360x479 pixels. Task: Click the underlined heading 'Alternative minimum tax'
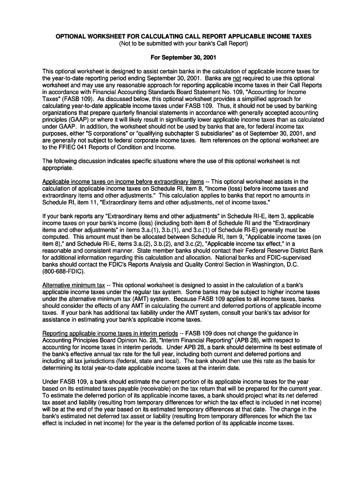(73, 285)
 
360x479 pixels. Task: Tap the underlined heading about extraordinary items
(123, 181)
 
